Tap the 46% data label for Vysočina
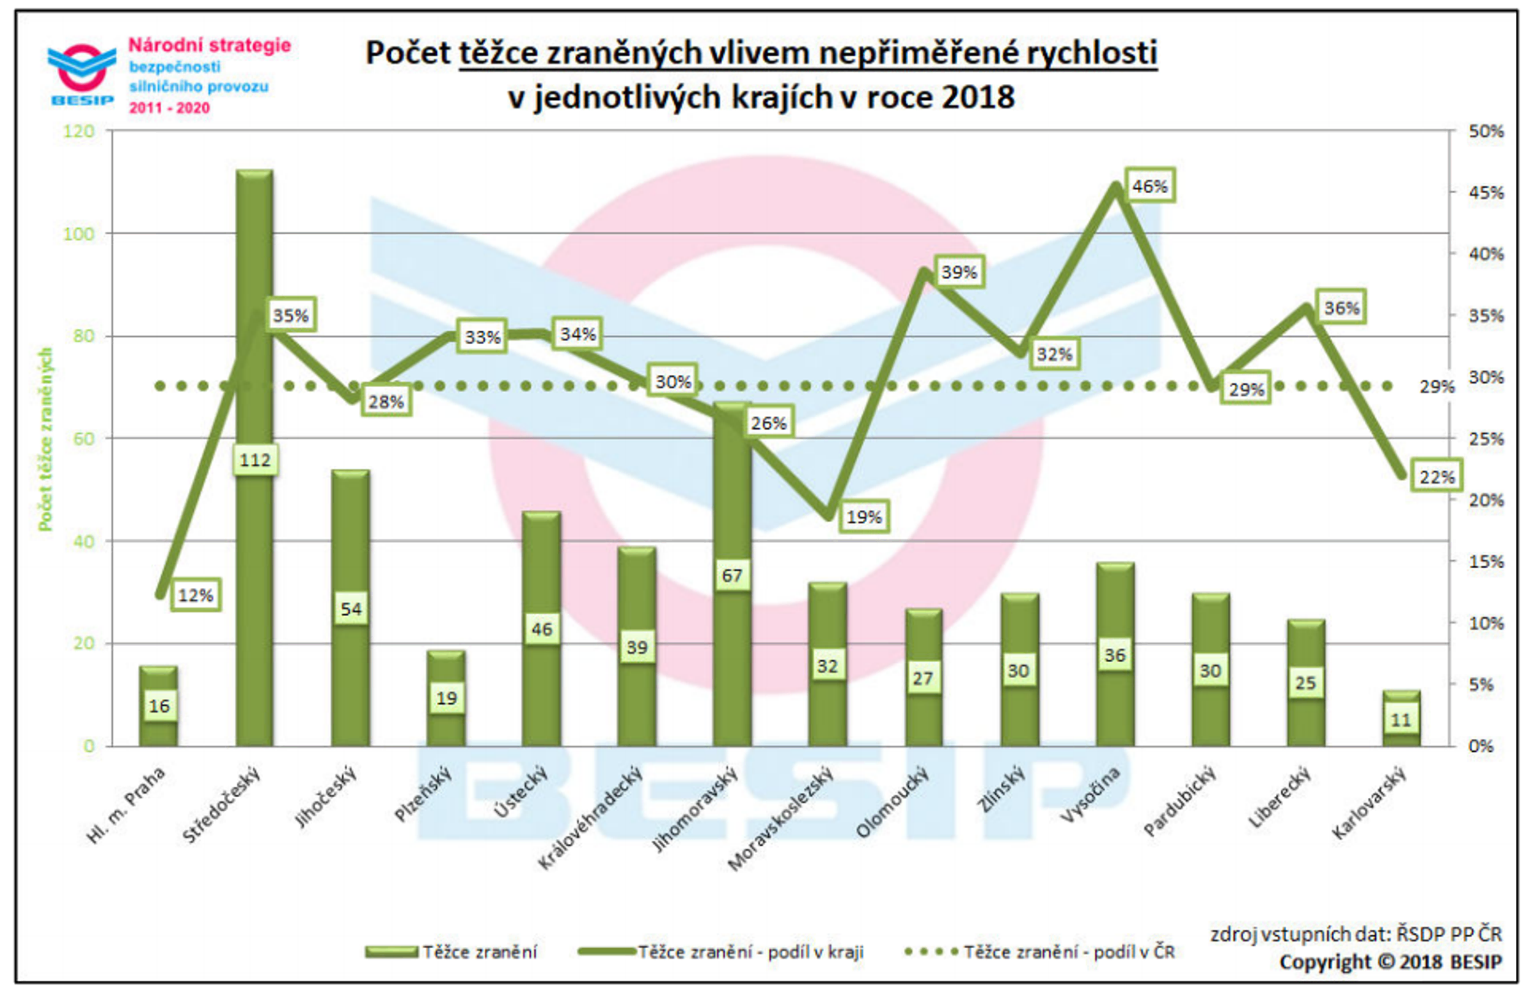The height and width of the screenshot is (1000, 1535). pyautogui.click(x=1149, y=186)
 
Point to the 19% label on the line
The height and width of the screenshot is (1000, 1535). pyautogui.click(x=863, y=516)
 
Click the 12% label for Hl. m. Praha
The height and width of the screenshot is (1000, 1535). pyautogui.click(x=196, y=595)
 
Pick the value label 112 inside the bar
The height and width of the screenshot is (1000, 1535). pyautogui.click(x=255, y=460)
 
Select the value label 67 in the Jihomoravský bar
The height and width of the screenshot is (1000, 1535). pyautogui.click(x=732, y=575)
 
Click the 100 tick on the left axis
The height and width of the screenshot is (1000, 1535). pyautogui.click(x=79, y=234)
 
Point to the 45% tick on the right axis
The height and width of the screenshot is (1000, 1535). pyautogui.click(x=1486, y=192)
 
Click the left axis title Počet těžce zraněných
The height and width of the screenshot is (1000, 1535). pyautogui.click(x=45, y=439)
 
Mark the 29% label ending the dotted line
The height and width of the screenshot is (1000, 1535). pyautogui.click(x=1437, y=387)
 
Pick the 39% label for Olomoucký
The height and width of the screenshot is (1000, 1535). pyautogui.click(x=958, y=273)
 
